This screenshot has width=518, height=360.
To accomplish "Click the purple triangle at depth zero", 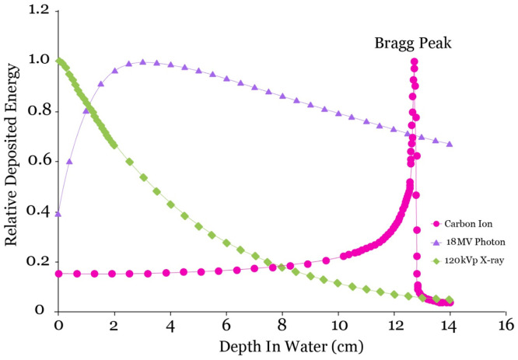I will tap(58, 213).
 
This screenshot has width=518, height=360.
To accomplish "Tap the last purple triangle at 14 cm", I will tap(450, 144).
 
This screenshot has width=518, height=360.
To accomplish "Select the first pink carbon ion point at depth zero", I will tap(58, 273).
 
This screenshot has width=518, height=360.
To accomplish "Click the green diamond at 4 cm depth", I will tap(170, 204).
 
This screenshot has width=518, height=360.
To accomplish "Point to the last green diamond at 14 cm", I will tap(449, 299).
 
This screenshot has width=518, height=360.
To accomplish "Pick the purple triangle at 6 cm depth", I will tap(226, 79).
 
